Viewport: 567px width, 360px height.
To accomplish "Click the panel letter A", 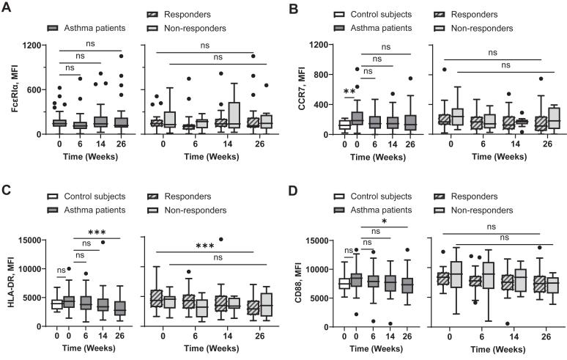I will pos(6,8).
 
